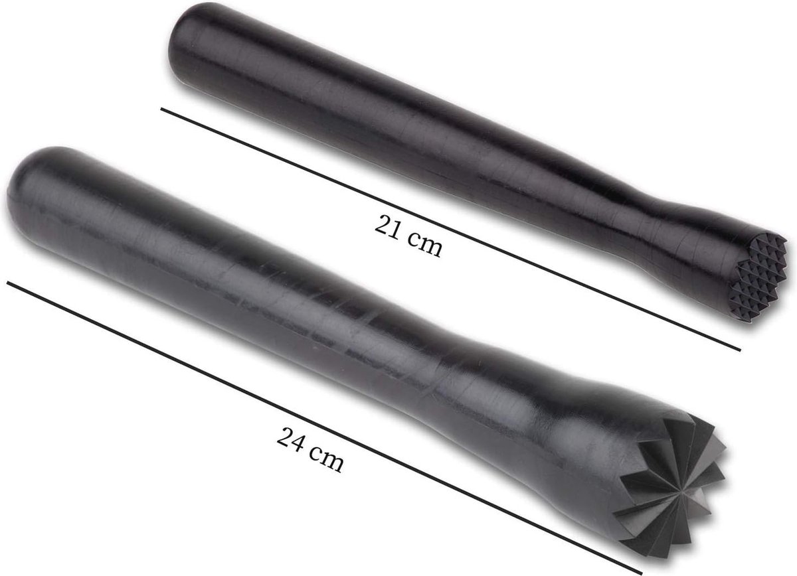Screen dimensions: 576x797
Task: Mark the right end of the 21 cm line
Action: coord(739,350)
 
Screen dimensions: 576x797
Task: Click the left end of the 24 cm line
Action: coord(8,281)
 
